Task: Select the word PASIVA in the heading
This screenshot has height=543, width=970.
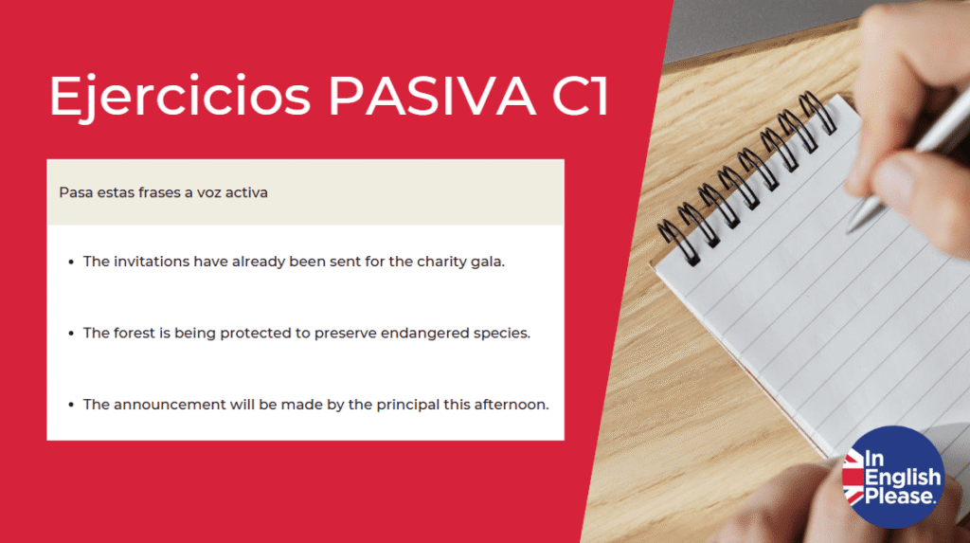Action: coord(432,96)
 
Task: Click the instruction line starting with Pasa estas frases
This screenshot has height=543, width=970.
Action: coord(163,192)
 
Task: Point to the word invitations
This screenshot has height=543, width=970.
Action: coord(150,262)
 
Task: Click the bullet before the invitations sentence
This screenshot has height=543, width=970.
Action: coord(70,262)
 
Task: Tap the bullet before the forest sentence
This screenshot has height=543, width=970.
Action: coord(70,334)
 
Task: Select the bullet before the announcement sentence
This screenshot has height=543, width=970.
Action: coord(70,405)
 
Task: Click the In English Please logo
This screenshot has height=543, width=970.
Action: coord(892,477)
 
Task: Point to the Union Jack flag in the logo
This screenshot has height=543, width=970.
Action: coord(853,478)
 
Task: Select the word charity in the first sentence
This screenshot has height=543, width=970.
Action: coord(441,262)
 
